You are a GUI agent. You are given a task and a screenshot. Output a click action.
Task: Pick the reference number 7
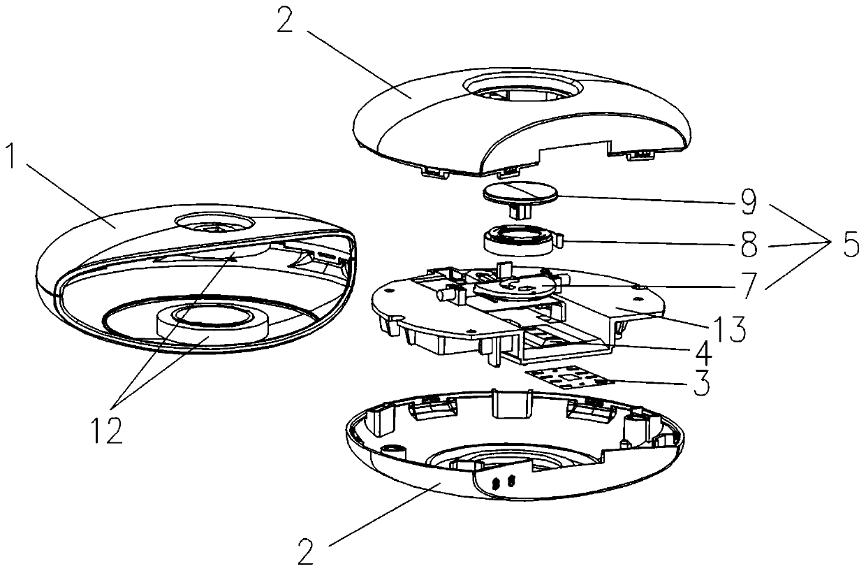pos(747,285)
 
